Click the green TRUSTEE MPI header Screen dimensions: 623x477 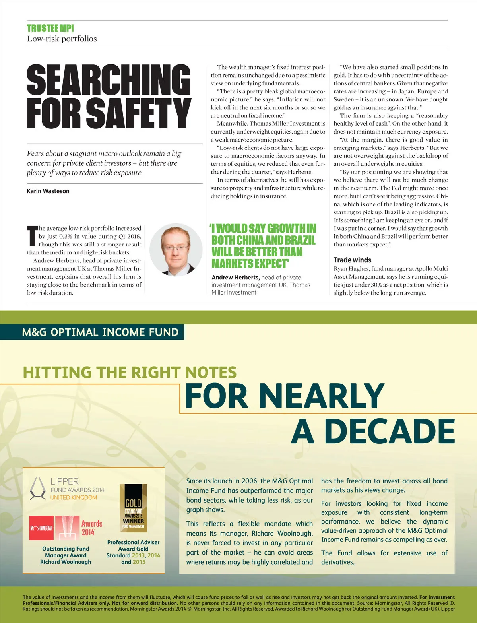pyautogui.click(x=50, y=28)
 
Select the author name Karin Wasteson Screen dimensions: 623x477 pyautogui.click(x=48, y=191)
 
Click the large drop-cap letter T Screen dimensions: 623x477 pyautogui.click(x=32, y=236)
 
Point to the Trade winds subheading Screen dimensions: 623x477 pyautogui.click(x=353, y=260)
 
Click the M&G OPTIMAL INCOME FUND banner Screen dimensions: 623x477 pyautogui.click(x=100, y=332)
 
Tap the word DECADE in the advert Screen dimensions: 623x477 pyautogui.click(x=389, y=431)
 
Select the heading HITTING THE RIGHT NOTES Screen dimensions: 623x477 pyautogui.click(x=130, y=373)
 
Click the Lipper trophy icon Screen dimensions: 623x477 pyautogui.click(x=38, y=489)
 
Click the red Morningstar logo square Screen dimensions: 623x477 pyautogui.click(x=41, y=528)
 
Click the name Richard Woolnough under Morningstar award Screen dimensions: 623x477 pyautogui.click(x=66, y=562)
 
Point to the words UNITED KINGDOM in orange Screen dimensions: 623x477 pyautogui.click(x=74, y=497)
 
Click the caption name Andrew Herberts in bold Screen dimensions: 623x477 pyautogui.click(x=236, y=278)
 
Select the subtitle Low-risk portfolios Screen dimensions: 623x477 pyautogui.click(x=62, y=39)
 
